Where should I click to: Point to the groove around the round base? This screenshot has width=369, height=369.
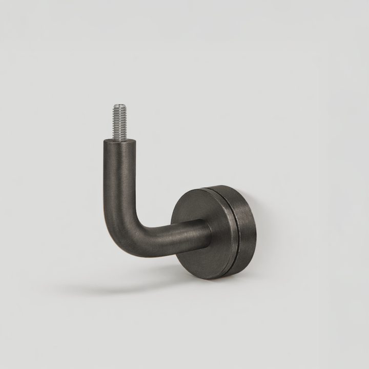tap(236, 231)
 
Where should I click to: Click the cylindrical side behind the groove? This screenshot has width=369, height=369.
tap(247, 231)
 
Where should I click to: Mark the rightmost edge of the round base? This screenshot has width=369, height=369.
tap(255, 231)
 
